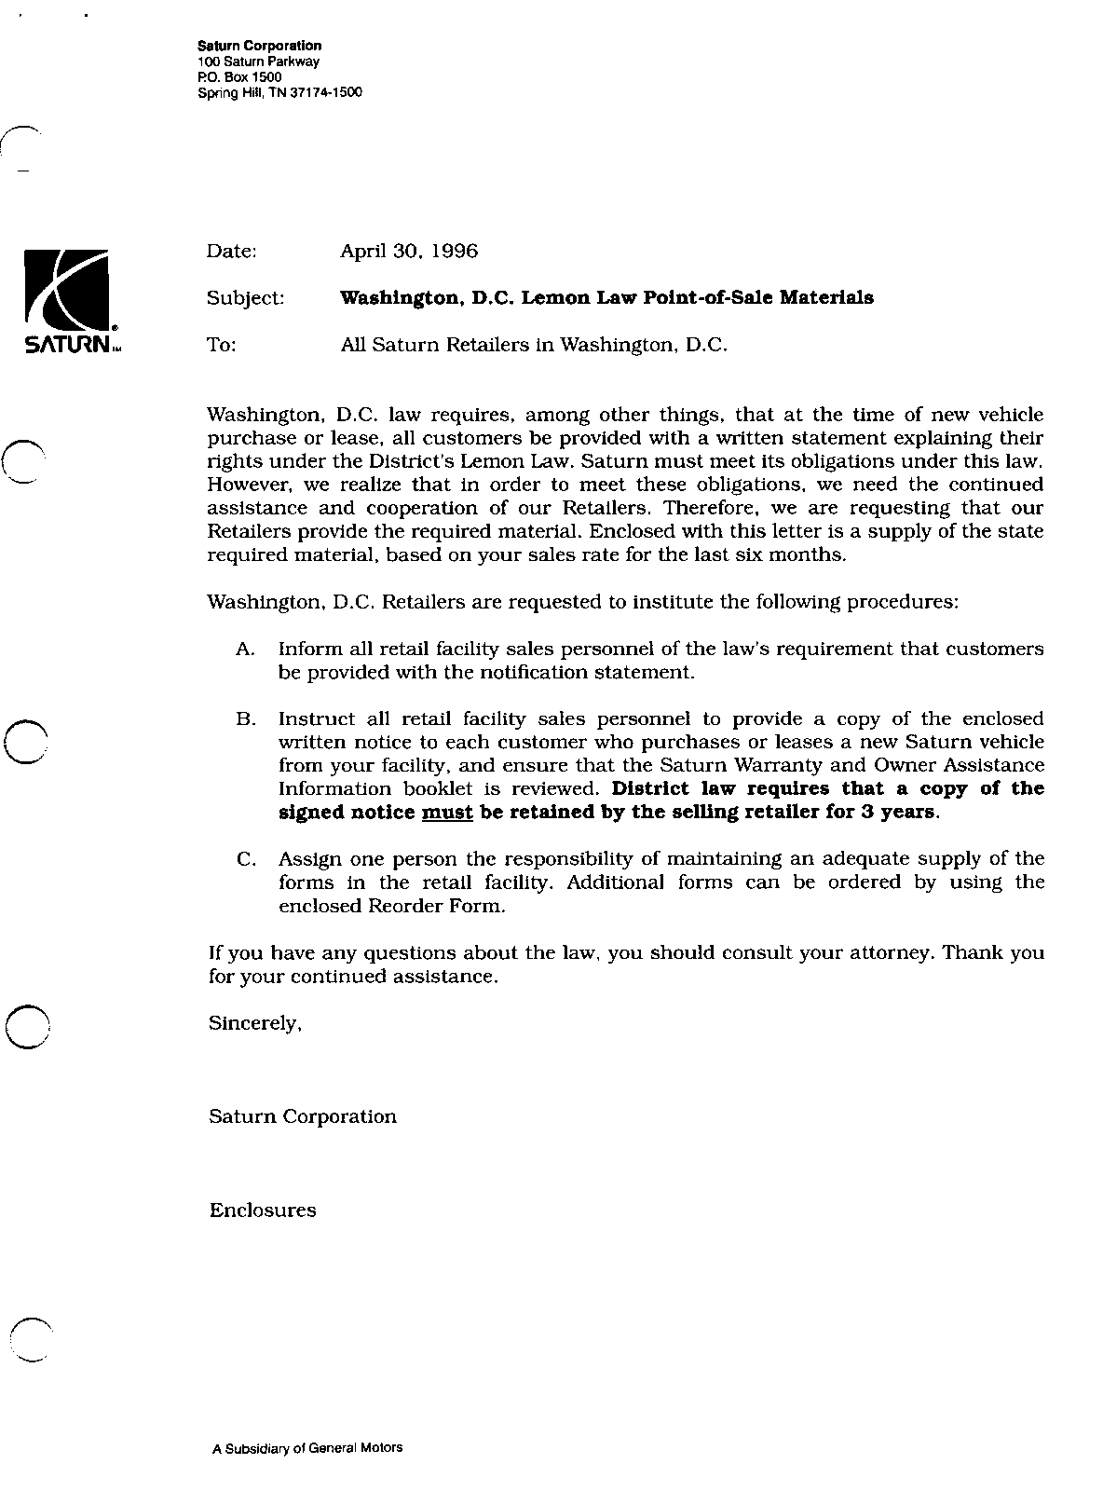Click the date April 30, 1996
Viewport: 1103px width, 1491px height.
409,252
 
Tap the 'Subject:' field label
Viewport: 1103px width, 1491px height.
245,298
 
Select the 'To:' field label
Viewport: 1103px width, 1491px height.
222,345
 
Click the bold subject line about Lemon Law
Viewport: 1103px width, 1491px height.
606,298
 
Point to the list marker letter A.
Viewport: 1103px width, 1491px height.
245,649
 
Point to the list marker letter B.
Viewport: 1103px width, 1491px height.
245,719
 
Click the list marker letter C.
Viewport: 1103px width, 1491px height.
246,859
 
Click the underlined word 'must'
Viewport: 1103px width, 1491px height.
448,812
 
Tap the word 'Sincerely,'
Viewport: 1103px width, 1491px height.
255,1023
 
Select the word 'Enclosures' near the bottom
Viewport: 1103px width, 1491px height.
263,1211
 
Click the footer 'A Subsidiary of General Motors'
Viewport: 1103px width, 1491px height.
307,1448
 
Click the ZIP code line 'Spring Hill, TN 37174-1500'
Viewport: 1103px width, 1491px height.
279,93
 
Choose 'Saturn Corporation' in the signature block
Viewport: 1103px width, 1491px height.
303,1116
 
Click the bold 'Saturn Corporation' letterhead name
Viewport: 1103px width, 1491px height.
260,46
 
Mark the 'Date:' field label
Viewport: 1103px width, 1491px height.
231,252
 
